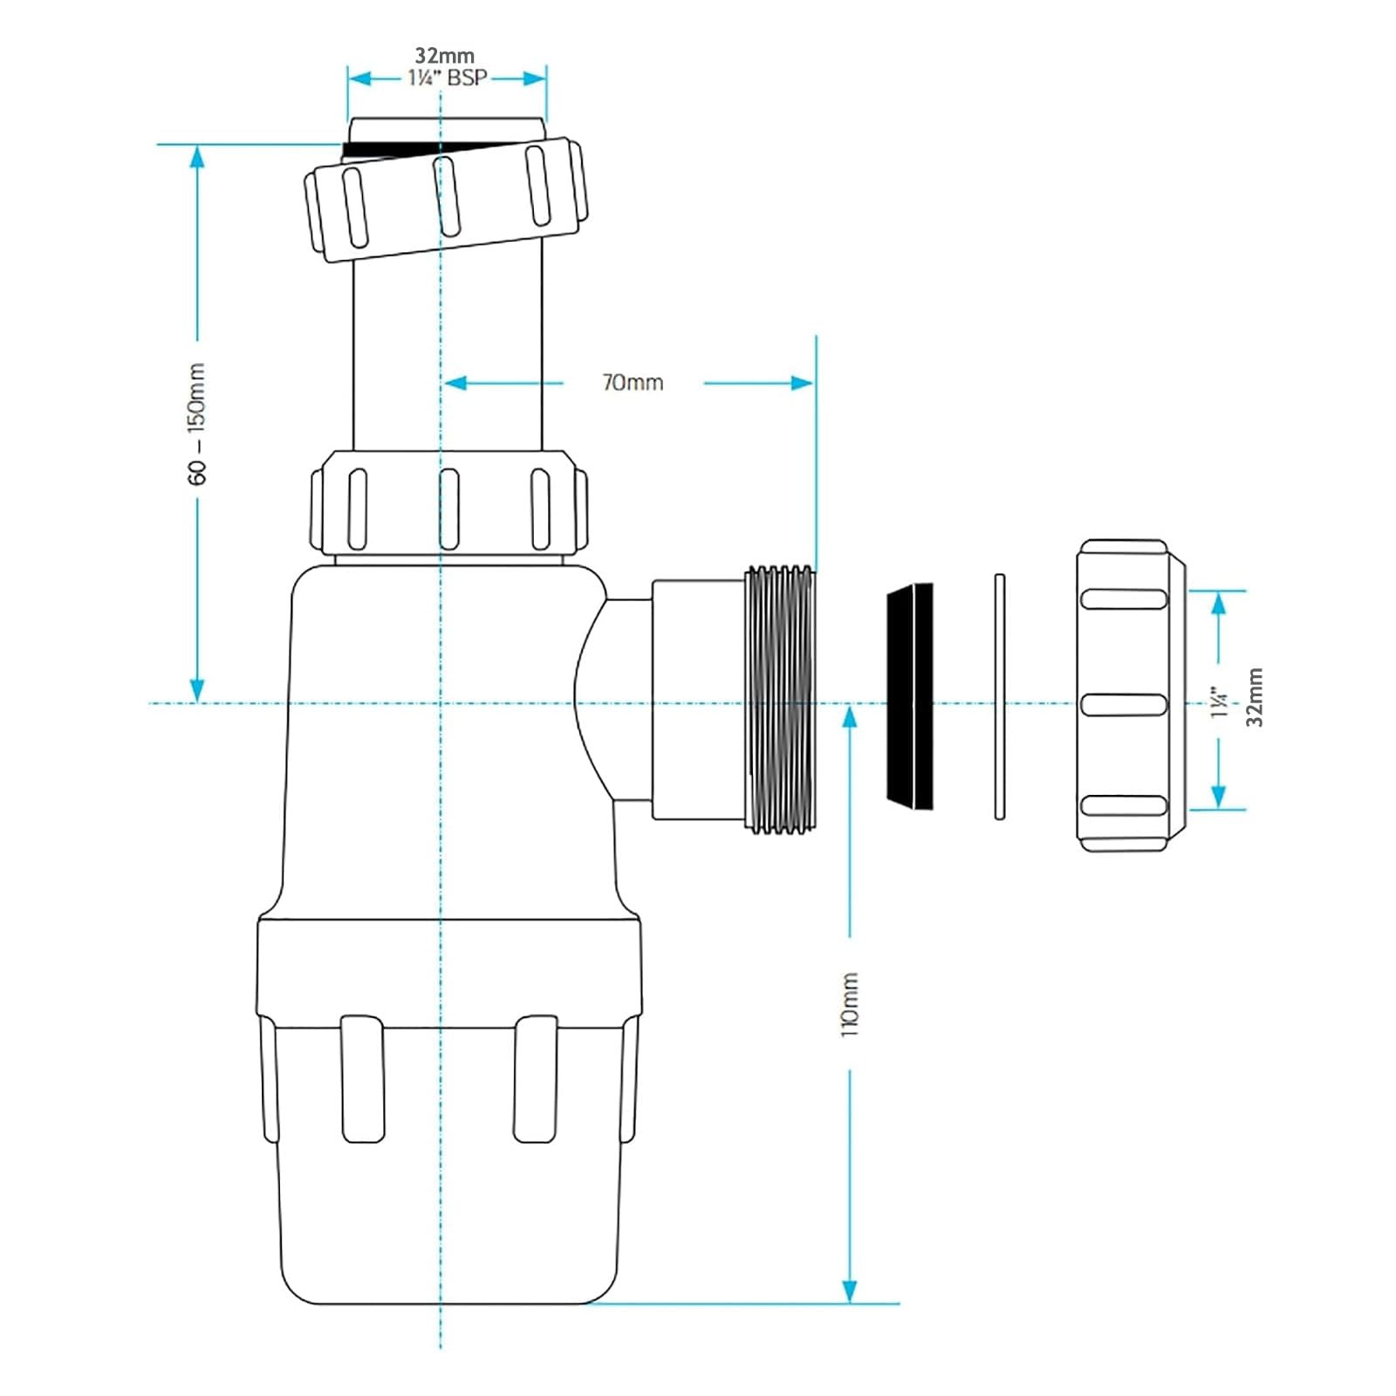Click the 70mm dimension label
click(633, 382)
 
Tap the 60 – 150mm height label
click(197, 424)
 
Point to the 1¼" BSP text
click(448, 78)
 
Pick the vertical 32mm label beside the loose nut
click(1254, 697)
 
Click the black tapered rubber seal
click(910, 695)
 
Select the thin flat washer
click(1000, 695)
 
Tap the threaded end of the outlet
click(779, 699)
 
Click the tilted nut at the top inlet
click(445, 199)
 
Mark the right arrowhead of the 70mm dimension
click(801, 382)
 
